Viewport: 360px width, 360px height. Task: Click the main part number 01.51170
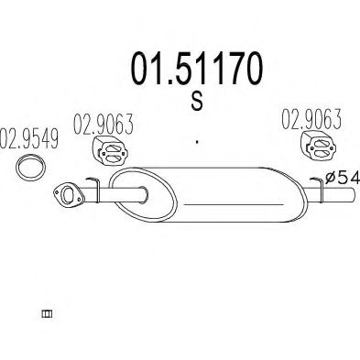[x=196, y=68]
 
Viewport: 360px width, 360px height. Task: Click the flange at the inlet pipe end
[x=65, y=193]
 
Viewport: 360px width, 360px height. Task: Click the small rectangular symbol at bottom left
[x=47, y=314]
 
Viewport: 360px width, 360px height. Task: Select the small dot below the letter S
[x=196, y=143]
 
